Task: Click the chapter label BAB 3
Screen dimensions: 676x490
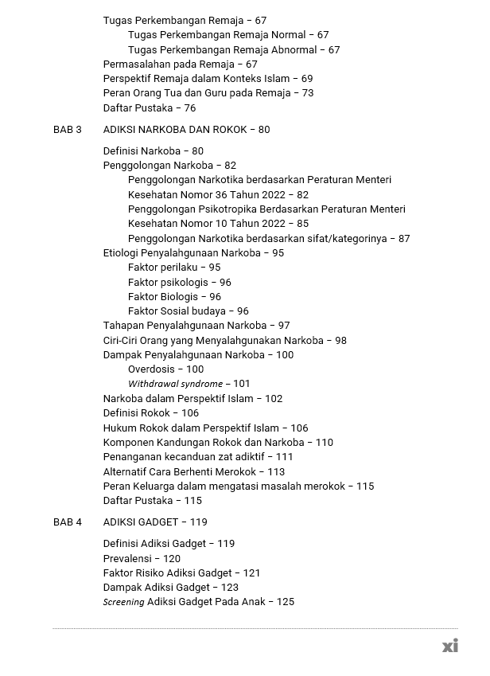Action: pyautogui.click(x=68, y=130)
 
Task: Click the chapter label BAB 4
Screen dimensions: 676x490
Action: pyautogui.click(x=68, y=522)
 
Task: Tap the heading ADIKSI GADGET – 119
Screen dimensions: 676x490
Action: pyautogui.click(x=155, y=522)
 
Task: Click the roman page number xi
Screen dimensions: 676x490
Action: pyautogui.click(x=449, y=646)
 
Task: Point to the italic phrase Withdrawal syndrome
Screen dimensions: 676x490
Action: pyautogui.click(x=175, y=384)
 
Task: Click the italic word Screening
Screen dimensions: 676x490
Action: pyautogui.click(x=123, y=602)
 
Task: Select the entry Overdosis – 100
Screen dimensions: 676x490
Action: pyautogui.click(x=165, y=369)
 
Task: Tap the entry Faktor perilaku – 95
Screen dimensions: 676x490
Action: pyautogui.click(x=174, y=268)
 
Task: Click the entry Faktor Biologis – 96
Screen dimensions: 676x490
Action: pyautogui.click(x=174, y=297)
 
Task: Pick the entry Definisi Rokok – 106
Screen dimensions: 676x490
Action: pyautogui.click(x=151, y=413)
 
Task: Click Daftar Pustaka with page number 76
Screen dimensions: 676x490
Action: pyautogui.click(x=149, y=108)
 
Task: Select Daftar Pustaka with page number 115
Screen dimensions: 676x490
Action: pyautogui.click(x=152, y=501)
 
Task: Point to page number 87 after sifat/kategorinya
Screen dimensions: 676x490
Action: pyautogui.click(x=404, y=239)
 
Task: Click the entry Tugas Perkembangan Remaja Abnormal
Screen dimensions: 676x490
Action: pyautogui.click(x=233, y=49)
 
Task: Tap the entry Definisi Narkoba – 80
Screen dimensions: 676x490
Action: pyautogui.click(x=153, y=151)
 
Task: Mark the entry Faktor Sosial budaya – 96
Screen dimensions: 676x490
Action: pyautogui.click(x=188, y=311)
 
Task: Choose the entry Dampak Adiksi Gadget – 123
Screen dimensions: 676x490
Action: pyautogui.click(x=170, y=588)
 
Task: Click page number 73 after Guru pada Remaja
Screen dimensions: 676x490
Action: pyautogui.click(x=308, y=93)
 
